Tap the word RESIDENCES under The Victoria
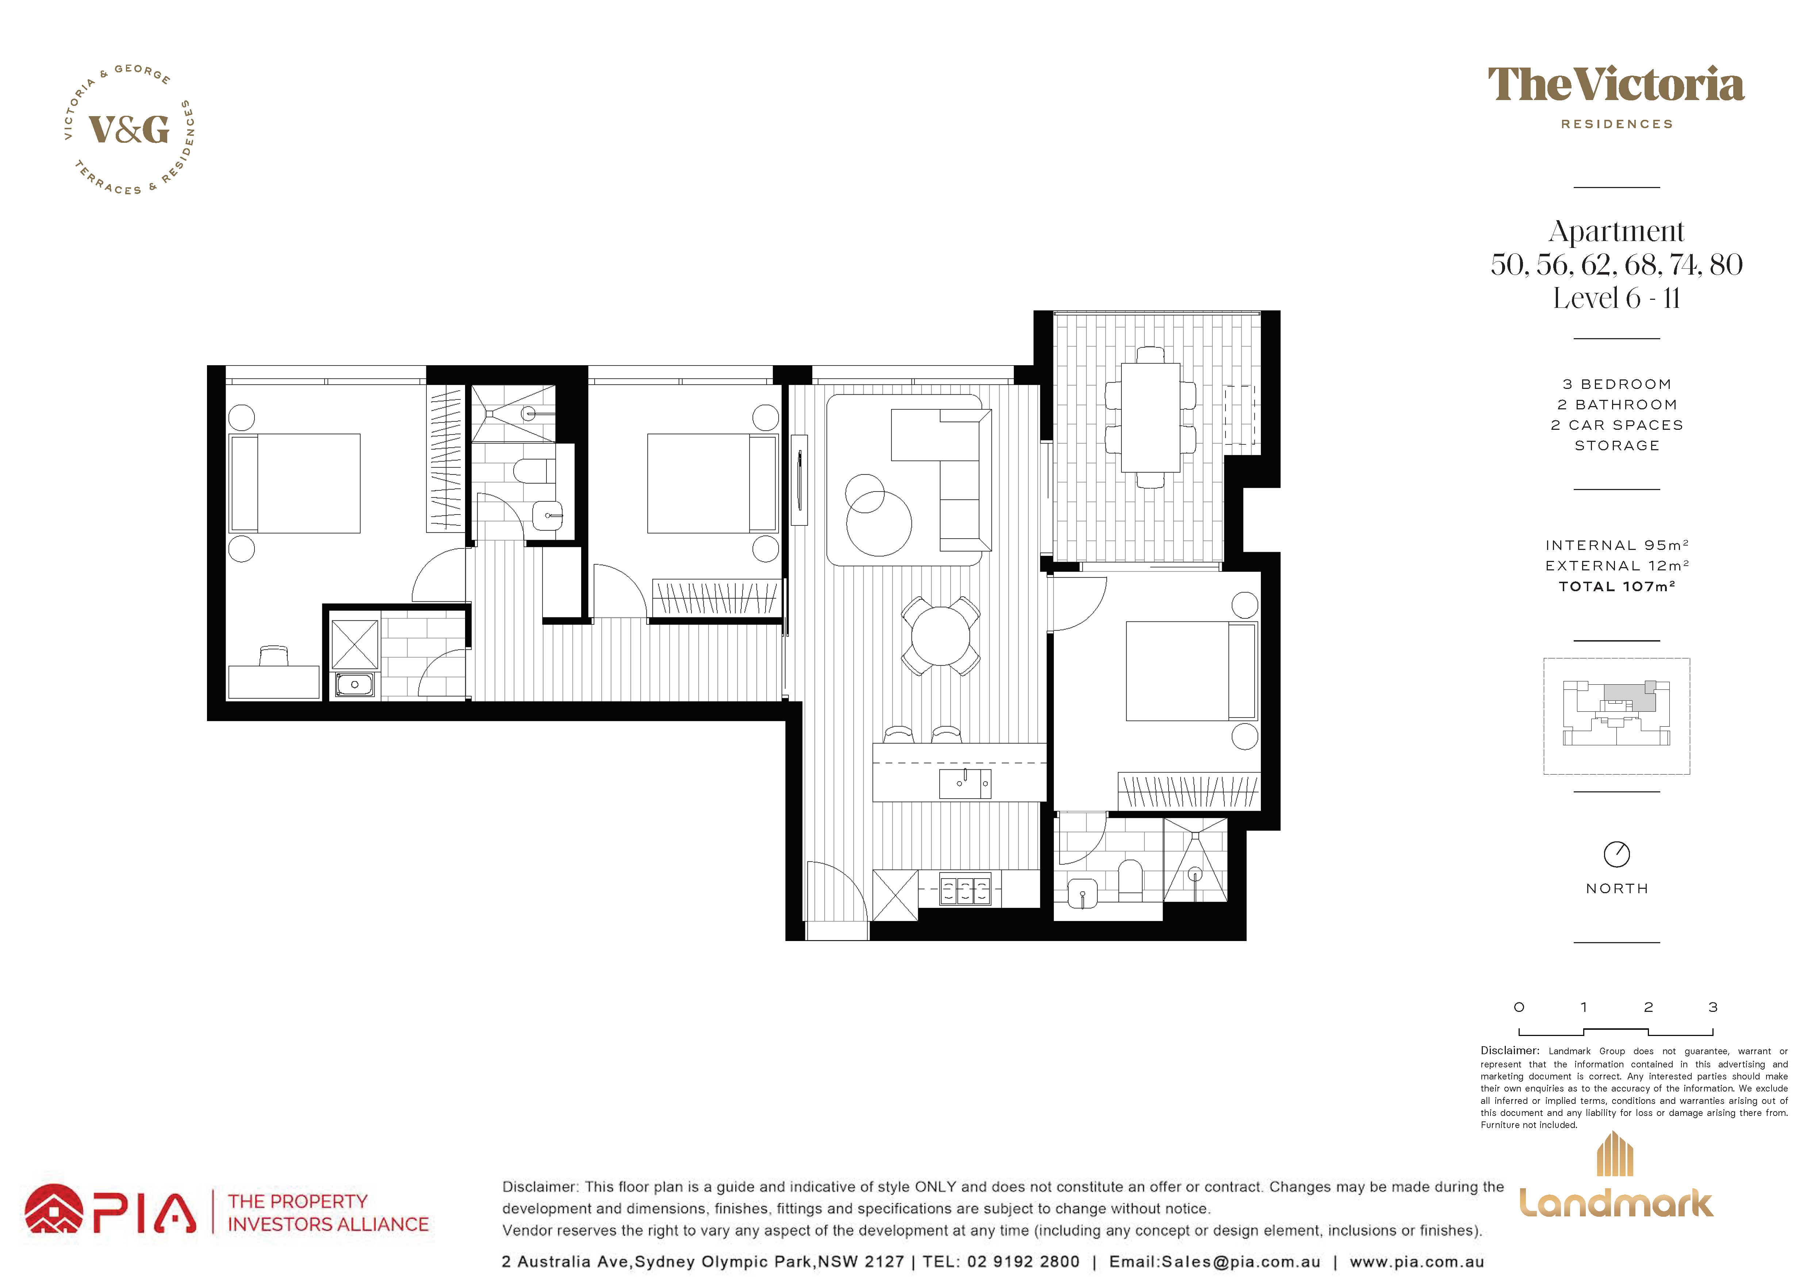tap(1617, 124)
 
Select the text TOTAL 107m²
tap(1617, 586)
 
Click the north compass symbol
tap(1617, 853)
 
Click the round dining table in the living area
tap(941, 636)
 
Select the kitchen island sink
tap(965, 783)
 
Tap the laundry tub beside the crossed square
tap(355, 684)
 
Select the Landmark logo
tap(1616, 1175)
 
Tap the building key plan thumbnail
tap(1617, 716)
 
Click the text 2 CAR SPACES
tap(1617, 425)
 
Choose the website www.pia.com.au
tap(1417, 1262)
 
